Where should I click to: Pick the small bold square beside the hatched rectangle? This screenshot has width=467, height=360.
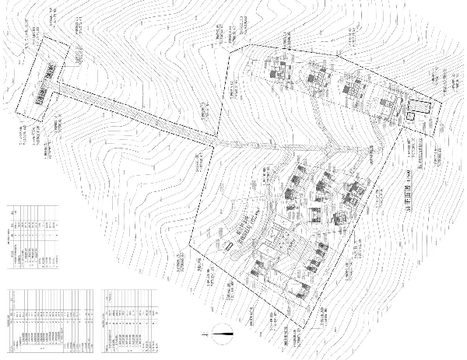tap(408, 117)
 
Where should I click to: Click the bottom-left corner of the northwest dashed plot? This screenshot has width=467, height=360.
tap(14, 111)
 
